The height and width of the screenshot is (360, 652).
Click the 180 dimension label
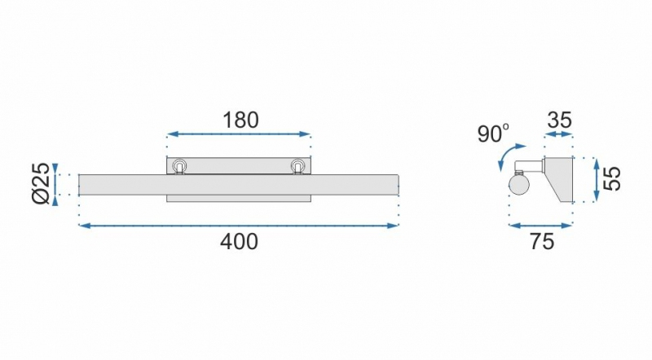(x=240, y=121)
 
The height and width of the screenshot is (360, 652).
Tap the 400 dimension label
(x=239, y=242)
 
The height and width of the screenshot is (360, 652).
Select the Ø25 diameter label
(x=42, y=184)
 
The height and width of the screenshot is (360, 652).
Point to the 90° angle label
(x=493, y=134)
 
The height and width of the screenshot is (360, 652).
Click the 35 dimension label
(x=560, y=121)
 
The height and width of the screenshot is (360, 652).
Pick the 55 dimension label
(x=612, y=178)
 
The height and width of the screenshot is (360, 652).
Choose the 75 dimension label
(x=542, y=242)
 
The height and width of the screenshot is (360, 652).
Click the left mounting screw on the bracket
(x=179, y=166)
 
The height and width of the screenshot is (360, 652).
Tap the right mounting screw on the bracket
(x=297, y=166)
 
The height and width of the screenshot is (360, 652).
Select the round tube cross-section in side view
(x=518, y=184)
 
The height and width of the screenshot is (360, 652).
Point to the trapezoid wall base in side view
(x=558, y=180)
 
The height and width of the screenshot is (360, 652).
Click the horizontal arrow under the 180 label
(x=239, y=134)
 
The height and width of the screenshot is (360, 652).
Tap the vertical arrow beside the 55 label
(x=597, y=180)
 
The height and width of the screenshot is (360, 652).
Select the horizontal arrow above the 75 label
(x=541, y=226)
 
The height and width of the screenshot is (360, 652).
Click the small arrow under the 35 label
(x=559, y=134)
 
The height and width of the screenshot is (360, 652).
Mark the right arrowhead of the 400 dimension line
(x=394, y=226)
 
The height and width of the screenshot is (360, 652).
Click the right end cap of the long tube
(x=398, y=185)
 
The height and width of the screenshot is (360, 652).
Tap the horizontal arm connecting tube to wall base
(x=529, y=166)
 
